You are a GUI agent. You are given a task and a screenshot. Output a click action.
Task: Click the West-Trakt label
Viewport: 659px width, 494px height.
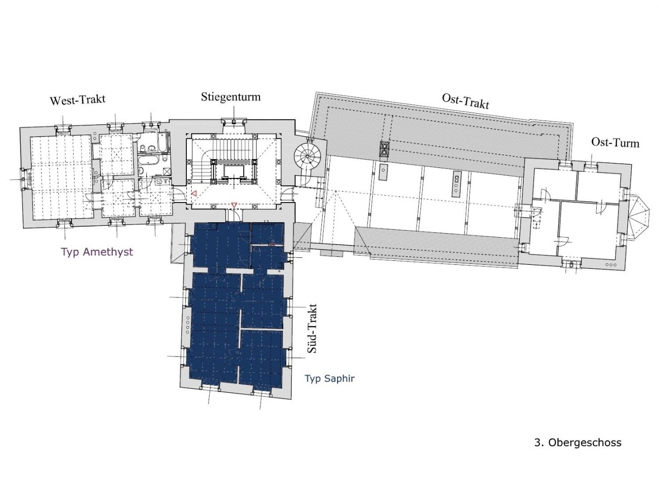click(78, 100)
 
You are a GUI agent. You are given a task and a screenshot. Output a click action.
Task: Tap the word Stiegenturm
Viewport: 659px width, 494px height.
click(230, 97)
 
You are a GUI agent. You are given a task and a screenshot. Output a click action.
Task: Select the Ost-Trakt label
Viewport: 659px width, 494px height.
click(465, 101)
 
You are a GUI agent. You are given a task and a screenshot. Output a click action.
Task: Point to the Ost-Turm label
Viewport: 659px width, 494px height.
click(615, 142)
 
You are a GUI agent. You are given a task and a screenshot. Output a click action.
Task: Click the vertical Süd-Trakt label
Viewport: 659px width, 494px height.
click(312, 329)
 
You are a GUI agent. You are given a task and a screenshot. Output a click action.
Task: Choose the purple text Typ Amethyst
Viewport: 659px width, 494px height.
click(97, 252)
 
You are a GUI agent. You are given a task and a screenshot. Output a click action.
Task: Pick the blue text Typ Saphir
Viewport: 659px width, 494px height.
click(330, 378)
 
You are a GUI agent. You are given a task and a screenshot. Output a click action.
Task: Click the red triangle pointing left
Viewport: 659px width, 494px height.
click(194, 194)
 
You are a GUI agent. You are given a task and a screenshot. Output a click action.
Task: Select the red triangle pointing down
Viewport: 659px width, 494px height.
click(234, 205)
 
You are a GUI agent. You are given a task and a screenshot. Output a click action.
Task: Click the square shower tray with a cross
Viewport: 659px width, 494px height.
click(167, 171)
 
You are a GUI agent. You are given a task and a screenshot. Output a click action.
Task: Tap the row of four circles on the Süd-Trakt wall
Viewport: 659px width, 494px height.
click(188, 323)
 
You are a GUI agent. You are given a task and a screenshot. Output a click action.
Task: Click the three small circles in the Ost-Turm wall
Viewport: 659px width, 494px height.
click(611, 265)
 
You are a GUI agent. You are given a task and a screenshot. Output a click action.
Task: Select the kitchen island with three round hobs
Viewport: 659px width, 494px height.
click(456, 184)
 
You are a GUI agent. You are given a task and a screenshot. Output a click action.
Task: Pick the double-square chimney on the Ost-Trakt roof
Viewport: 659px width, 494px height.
click(384, 149)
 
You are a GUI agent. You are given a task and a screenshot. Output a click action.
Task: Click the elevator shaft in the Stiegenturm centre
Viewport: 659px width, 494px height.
click(234, 172)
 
